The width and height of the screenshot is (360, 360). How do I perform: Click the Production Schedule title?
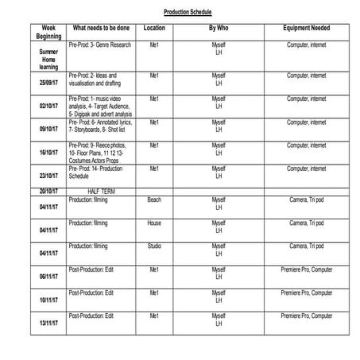tap(188, 14)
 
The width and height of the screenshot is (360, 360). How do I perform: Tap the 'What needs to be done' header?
tap(101, 28)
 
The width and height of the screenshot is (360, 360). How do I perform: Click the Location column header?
tap(153, 28)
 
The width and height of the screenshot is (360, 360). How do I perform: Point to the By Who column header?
tap(219, 28)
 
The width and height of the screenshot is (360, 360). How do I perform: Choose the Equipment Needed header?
tap(306, 28)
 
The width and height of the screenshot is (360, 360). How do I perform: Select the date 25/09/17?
tap(48, 83)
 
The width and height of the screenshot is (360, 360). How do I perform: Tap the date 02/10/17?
tap(48, 106)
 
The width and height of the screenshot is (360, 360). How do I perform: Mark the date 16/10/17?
tap(48, 153)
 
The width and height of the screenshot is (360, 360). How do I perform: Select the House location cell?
tap(153, 223)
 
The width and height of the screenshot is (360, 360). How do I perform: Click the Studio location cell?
tap(153, 246)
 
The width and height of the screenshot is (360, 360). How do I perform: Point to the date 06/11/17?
tap(48, 277)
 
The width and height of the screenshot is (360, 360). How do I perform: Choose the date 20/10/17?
tap(48, 191)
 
